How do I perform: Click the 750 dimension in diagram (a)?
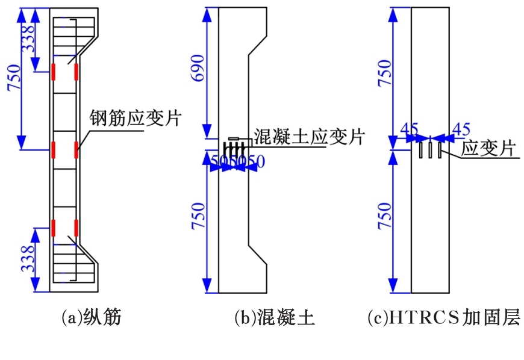14,78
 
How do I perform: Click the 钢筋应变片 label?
135,117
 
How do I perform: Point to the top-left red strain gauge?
54,72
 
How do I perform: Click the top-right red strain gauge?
76,72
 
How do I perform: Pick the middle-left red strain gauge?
54,149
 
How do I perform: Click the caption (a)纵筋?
92,317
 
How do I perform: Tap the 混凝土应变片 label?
309,137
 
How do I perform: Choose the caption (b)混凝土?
275,317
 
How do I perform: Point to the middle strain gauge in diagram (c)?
430,149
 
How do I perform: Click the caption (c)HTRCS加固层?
443,317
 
